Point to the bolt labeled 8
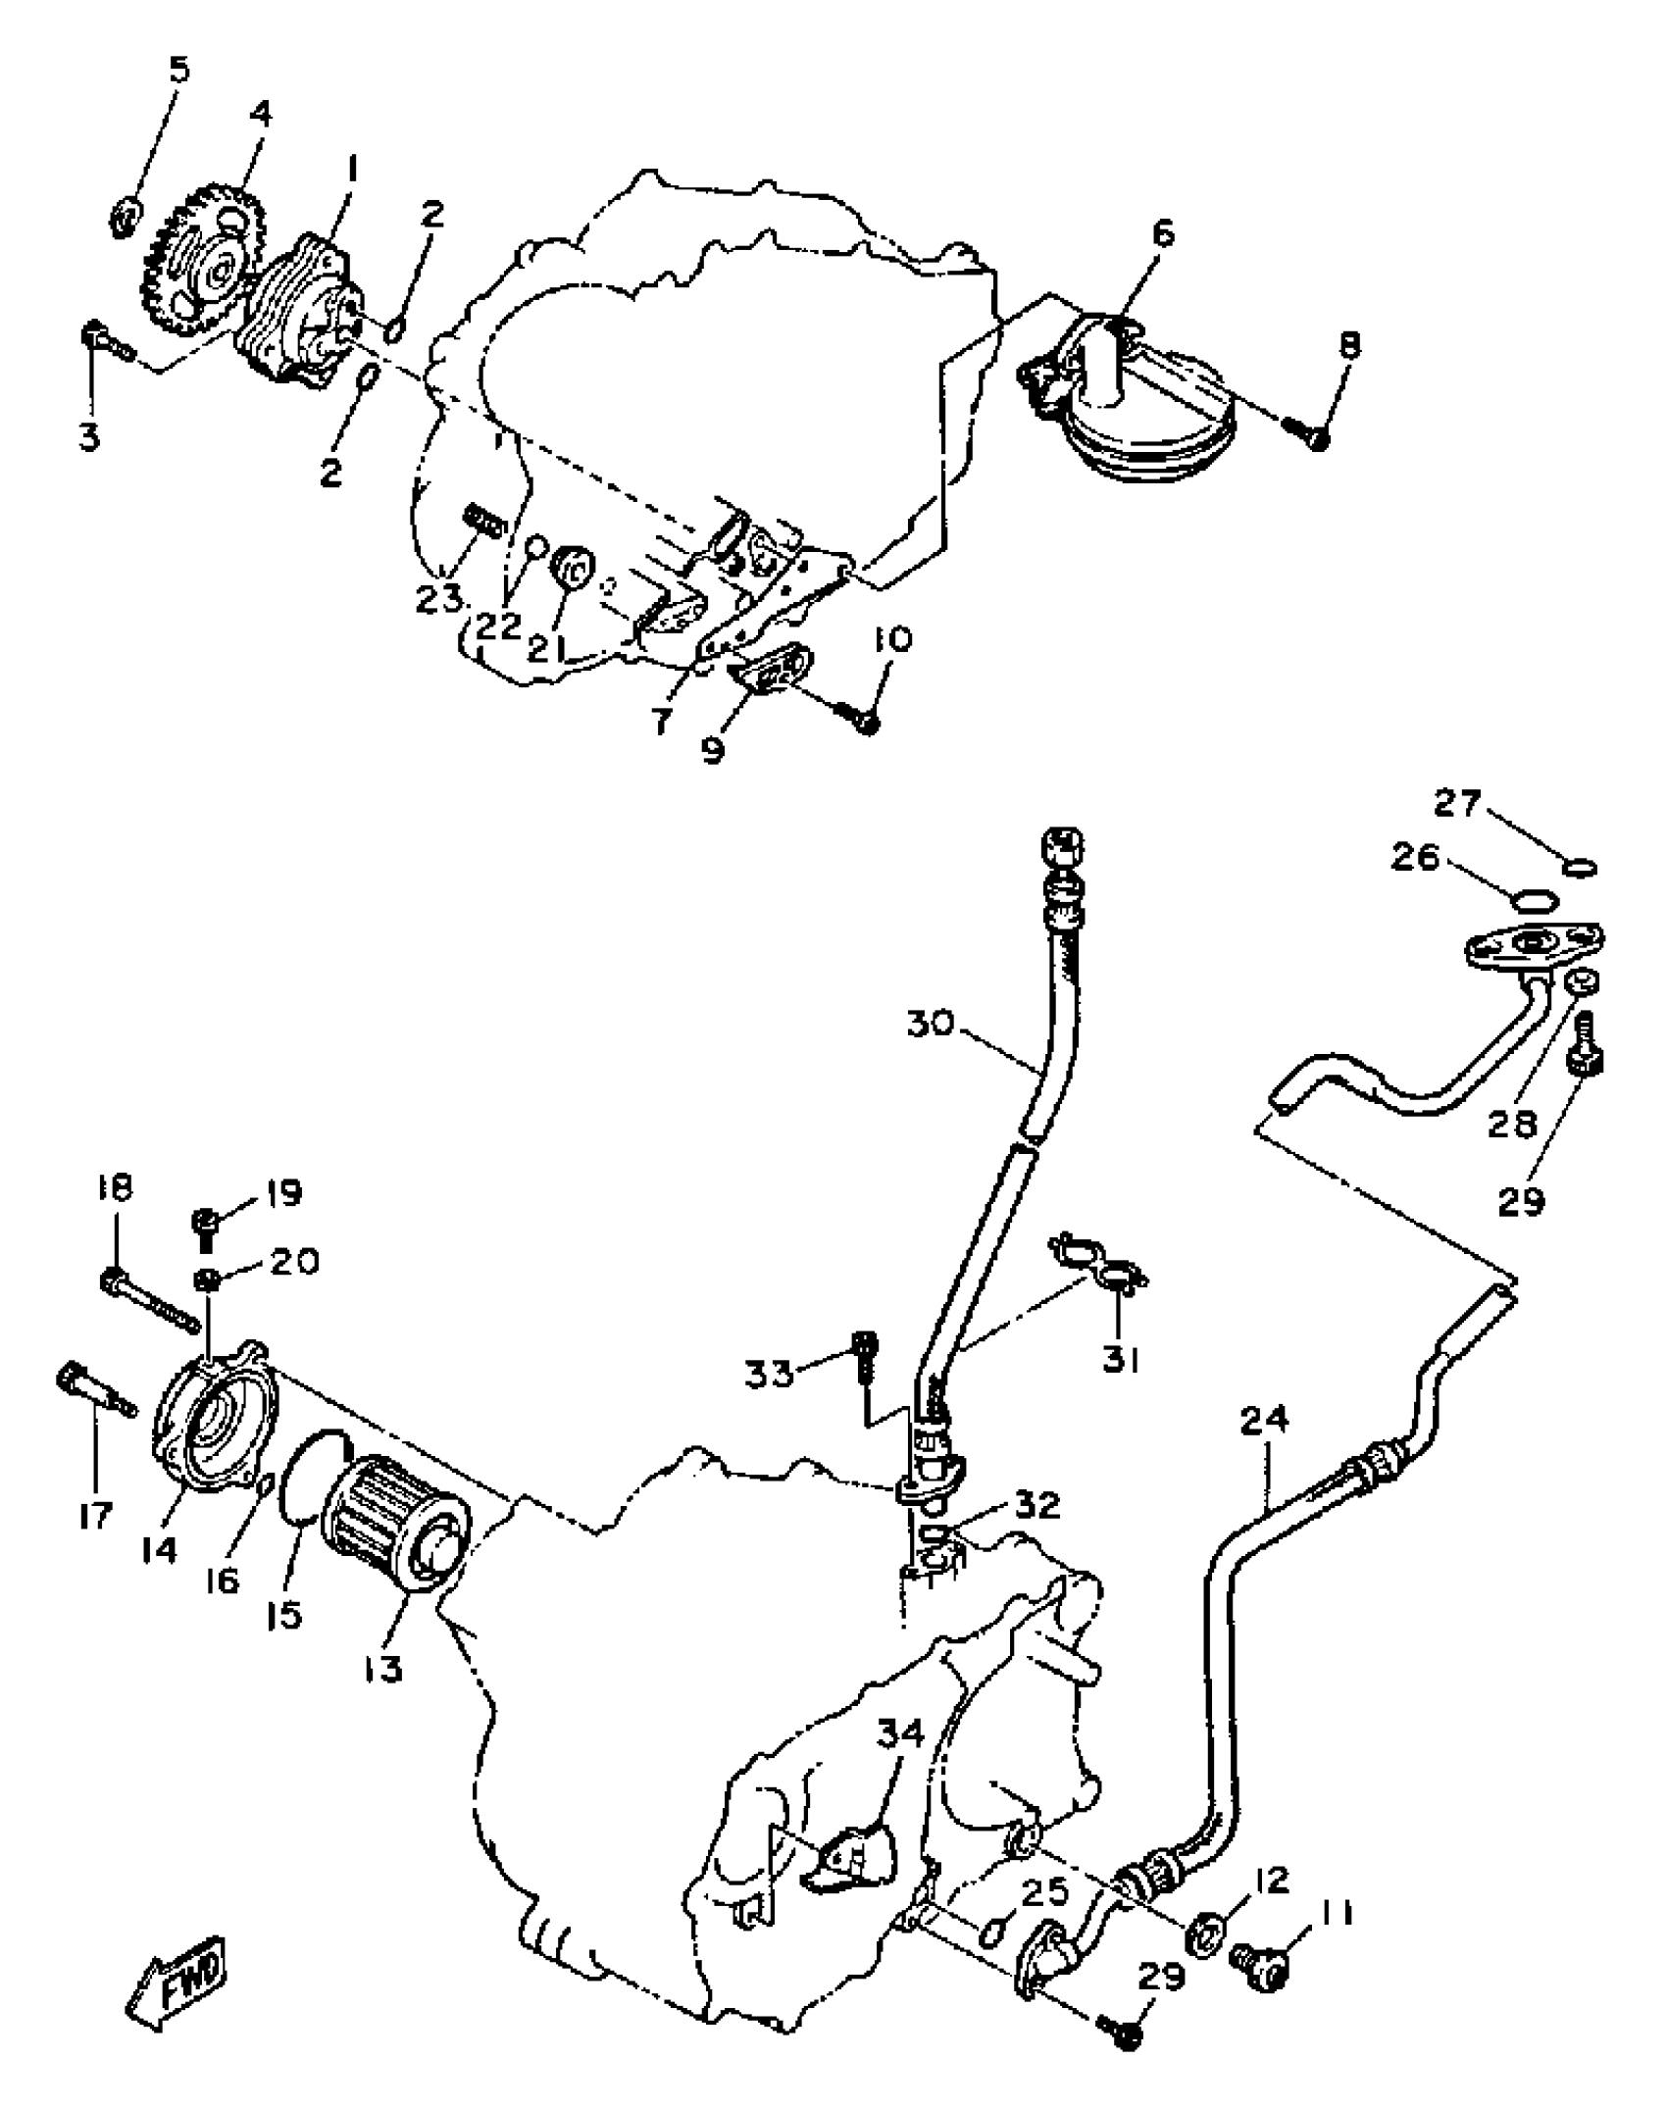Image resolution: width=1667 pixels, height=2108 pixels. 1311,432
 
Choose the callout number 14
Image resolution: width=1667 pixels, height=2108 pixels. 158,1550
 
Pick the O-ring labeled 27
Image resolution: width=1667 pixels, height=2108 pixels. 1578,867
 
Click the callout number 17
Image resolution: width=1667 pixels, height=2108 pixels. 95,1514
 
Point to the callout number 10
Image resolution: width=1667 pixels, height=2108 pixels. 891,639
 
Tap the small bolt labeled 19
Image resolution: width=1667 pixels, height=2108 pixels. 208,1224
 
